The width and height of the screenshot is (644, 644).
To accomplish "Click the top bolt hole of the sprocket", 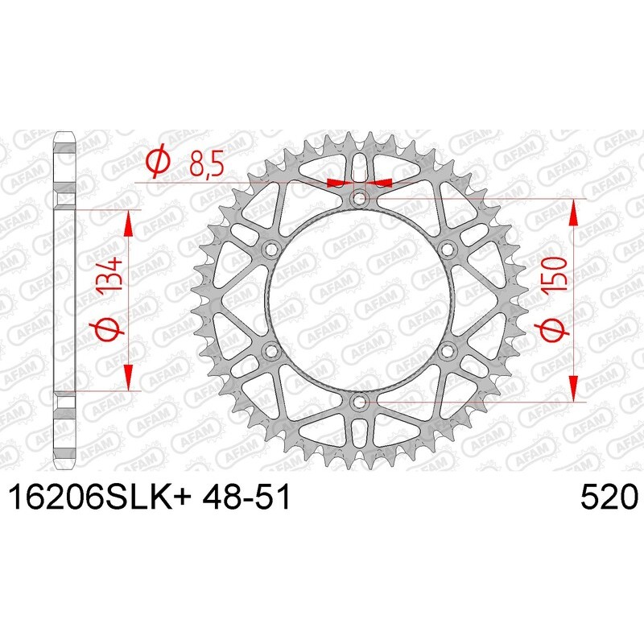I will (360, 198).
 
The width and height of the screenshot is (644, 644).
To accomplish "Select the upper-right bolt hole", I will (448, 248).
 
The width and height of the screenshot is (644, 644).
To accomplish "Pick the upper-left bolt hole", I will (271, 248).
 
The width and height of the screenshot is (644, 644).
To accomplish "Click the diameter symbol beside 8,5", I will (159, 163).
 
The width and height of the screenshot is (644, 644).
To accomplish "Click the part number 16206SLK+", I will (100, 497).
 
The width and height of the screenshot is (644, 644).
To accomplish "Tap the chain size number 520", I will (609, 497).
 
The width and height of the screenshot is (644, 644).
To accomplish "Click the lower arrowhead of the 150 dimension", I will (573, 389).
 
